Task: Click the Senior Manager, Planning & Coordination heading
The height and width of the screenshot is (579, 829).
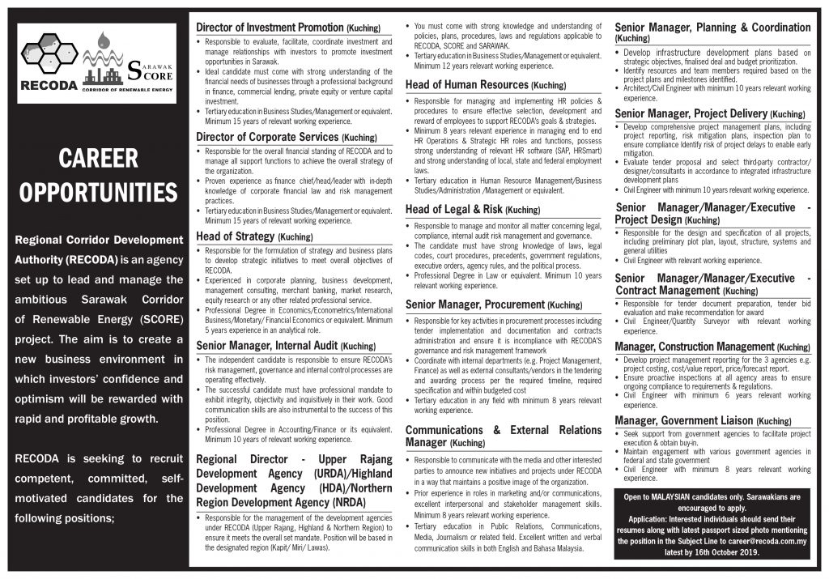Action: click(712, 32)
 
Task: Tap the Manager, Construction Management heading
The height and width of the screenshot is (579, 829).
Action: click(712, 347)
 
